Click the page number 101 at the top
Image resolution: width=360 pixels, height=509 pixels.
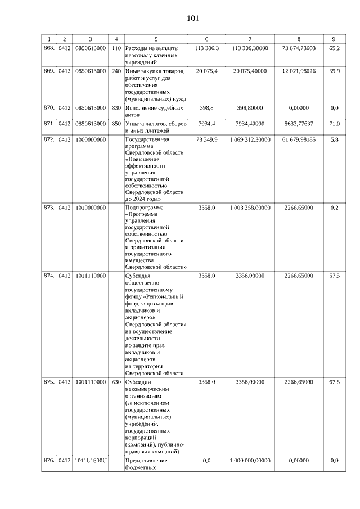(x=193, y=19)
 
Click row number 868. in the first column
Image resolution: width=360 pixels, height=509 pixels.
(x=49, y=48)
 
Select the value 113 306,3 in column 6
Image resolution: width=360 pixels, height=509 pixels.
(x=206, y=48)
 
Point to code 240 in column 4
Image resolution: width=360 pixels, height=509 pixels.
(x=116, y=71)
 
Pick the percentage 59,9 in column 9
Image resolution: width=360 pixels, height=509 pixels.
(x=334, y=71)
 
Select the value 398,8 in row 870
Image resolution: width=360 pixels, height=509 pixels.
(x=206, y=107)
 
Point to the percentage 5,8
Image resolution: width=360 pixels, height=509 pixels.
(x=334, y=139)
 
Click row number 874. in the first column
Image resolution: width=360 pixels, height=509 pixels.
(x=49, y=276)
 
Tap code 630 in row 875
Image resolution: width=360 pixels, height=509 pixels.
(x=116, y=382)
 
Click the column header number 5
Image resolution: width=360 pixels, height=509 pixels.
(x=156, y=39)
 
